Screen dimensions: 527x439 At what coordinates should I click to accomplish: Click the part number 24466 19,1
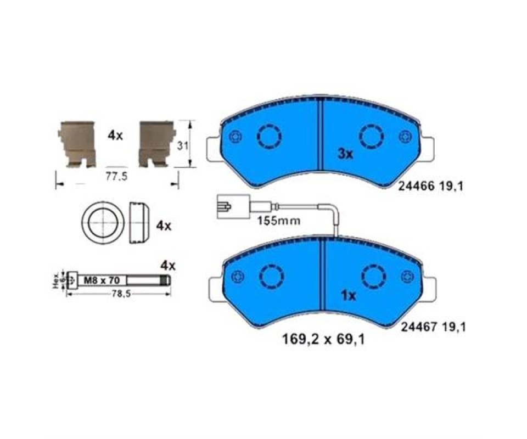[x=430, y=185]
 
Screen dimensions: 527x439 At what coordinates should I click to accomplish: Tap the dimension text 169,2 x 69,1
[x=323, y=340]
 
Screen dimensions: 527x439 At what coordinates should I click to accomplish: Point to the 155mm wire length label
[x=279, y=221]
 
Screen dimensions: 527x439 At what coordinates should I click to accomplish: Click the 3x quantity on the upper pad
[x=345, y=154]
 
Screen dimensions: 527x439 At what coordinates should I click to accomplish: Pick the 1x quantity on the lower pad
[x=348, y=296]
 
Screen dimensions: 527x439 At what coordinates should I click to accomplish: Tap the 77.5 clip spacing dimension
[x=116, y=176]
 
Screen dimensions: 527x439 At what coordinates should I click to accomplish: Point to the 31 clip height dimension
[x=182, y=146]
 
